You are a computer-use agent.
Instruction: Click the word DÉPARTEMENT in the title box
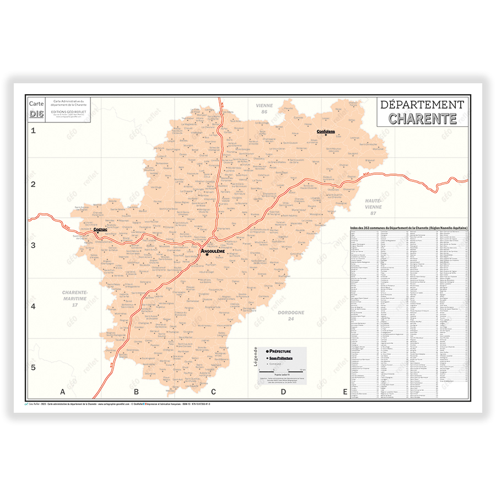(x=422, y=104)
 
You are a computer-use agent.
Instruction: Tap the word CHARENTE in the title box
(x=422, y=118)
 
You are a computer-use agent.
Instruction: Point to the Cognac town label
(x=100, y=229)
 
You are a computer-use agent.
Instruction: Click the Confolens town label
(x=325, y=132)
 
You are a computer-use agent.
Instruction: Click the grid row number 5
(x=33, y=368)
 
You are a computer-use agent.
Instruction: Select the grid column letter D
(x=283, y=392)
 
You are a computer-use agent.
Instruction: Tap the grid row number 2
(x=33, y=185)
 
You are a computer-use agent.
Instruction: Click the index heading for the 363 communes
(x=409, y=228)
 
